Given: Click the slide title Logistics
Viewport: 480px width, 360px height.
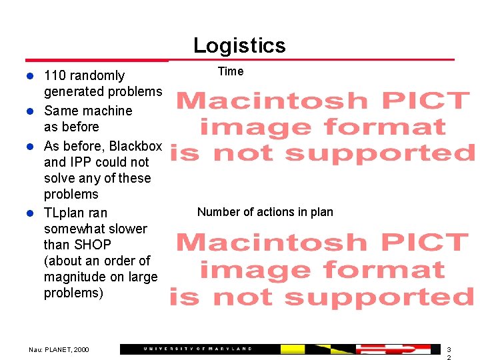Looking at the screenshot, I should (x=239, y=45).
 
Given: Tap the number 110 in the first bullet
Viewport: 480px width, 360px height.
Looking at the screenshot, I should (x=55, y=76).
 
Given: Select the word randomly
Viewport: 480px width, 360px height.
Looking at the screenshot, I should (x=97, y=76).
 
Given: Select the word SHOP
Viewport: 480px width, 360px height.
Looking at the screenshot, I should (x=93, y=245).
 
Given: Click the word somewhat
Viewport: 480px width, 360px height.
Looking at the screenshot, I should (x=73, y=229).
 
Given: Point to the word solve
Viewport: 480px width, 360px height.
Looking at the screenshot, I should (x=59, y=178).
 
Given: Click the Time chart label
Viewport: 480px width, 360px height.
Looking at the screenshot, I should (x=231, y=71).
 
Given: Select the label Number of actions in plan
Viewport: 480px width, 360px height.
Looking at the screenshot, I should (x=265, y=212).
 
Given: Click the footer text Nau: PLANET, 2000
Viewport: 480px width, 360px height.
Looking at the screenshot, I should (x=59, y=349).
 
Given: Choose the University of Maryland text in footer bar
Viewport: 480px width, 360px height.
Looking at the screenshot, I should (x=198, y=349).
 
